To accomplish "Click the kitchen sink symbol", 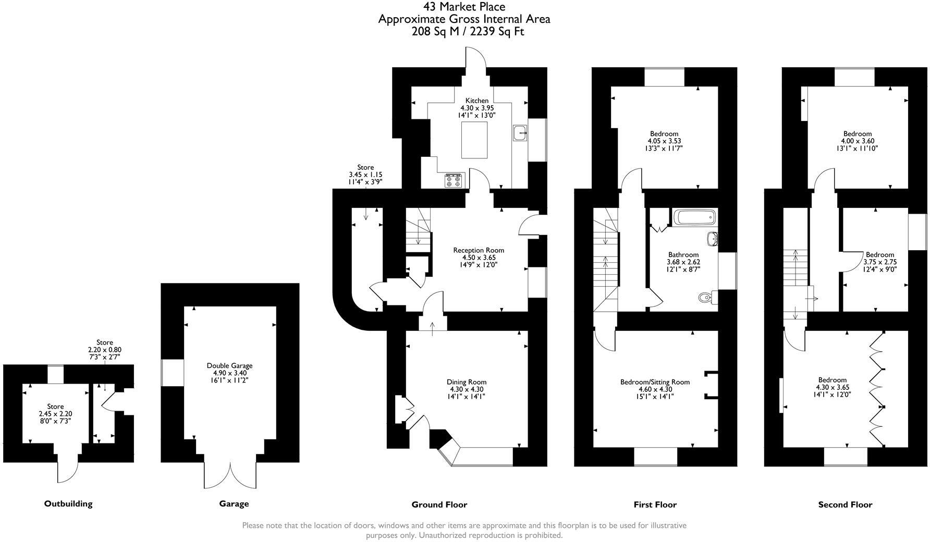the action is click(520, 133).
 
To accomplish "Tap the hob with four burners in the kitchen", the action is click(454, 180).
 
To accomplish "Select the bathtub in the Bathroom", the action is click(695, 217).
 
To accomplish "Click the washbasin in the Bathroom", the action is click(713, 239).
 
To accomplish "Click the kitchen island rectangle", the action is click(475, 140).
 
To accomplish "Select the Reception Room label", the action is click(479, 250).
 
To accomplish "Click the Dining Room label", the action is click(467, 382).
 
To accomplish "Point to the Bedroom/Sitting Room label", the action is click(655, 382).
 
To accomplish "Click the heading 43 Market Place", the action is click(464, 7).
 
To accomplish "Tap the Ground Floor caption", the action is click(439, 504).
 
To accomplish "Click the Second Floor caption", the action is click(845, 504).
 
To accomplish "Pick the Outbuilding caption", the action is click(68, 503).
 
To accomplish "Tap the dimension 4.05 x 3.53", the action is click(664, 141).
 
